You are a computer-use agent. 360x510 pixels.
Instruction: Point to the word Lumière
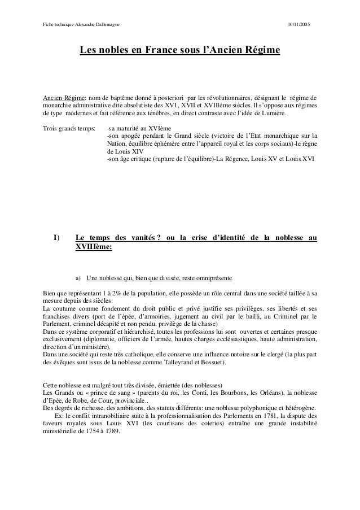[x=273, y=113]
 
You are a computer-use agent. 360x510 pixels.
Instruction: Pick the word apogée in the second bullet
[x=134, y=136]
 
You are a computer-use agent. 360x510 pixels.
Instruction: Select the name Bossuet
[x=208, y=361]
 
